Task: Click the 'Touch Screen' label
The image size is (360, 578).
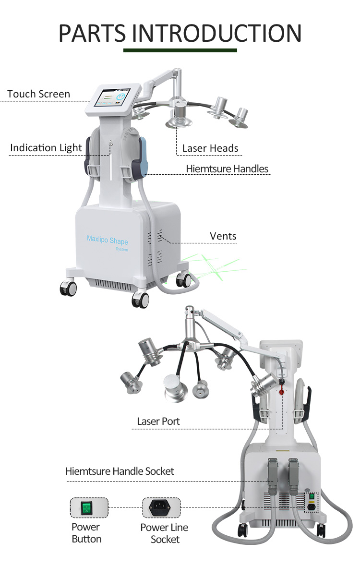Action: click(x=39, y=94)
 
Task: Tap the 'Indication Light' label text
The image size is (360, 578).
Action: click(x=46, y=148)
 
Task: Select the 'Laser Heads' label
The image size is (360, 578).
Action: click(x=210, y=148)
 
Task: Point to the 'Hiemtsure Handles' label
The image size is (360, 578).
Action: click(x=227, y=169)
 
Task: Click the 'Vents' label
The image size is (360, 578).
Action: click(x=223, y=236)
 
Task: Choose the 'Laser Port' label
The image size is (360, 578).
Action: click(x=158, y=421)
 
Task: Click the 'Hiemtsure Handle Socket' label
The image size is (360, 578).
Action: click(x=120, y=471)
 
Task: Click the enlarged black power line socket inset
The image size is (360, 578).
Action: click(x=161, y=507)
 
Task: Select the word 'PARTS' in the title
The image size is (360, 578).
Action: click(x=92, y=33)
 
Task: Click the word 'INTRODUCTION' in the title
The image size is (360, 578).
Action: click(x=217, y=33)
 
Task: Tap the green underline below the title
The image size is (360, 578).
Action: click(x=180, y=50)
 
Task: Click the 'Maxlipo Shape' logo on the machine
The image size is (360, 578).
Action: click(x=108, y=240)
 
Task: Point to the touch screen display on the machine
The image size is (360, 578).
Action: click(x=112, y=98)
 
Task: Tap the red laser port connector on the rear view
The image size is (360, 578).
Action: click(x=282, y=392)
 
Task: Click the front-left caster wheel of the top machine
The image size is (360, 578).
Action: click(x=68, y=288)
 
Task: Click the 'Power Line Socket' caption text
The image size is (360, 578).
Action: click(x=164, y=533)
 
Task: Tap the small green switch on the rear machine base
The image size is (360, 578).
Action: click(x=312, y=496)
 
